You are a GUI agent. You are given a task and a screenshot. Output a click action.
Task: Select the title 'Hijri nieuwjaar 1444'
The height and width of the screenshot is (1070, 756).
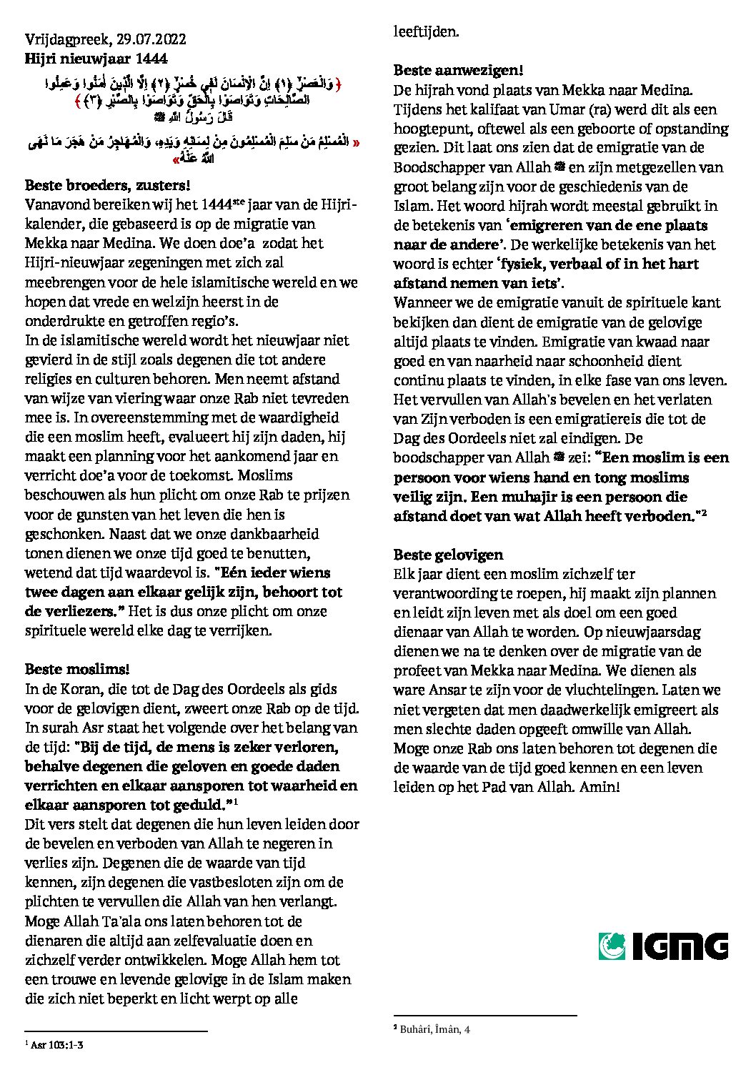tap(96, 59)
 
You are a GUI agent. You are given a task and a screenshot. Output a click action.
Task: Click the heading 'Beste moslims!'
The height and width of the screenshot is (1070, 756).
tap(77, 670)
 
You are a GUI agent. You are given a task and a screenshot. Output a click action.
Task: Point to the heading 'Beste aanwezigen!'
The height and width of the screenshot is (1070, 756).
tap(458, 71)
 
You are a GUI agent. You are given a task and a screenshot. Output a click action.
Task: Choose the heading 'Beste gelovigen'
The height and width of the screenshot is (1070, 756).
tap(448, 555)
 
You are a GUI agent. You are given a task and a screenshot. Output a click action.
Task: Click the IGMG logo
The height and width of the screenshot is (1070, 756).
tap(662, 946)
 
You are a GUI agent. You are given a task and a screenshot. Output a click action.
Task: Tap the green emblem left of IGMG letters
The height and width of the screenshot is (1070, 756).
tap(612, 946)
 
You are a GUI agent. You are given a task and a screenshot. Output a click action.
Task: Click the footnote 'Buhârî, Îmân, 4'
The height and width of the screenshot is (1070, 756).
tap(435, 1029)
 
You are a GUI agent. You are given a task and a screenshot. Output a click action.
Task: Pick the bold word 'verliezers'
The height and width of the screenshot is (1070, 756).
tap(79, 612)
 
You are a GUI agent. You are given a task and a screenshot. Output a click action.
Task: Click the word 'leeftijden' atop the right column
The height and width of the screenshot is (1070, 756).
tap(426, 31)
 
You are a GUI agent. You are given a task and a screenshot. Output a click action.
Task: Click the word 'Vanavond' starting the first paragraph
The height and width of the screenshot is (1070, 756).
tap(56, 204)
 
